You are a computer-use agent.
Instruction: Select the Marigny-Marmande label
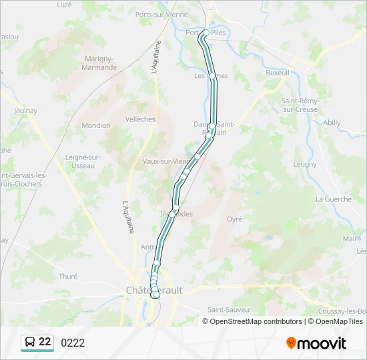coord(100,63)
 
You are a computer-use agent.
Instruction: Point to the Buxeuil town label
coord(278,73)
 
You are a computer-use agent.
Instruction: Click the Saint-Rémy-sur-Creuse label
coord(300,105)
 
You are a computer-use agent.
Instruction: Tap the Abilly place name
coord(332,123)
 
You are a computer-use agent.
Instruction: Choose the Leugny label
coord(305,164)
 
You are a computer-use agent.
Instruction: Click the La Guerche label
coord(333,199)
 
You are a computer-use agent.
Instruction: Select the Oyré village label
coord(234,219)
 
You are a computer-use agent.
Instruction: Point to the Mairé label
coord(352,238)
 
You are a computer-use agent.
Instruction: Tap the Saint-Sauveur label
coord(229,309)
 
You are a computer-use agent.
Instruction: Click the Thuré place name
coord(68,276)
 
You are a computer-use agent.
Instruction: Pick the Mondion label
coord(96,125)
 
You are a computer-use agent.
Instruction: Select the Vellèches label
coord(140,119)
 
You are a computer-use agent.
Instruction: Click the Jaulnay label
coord(25,111)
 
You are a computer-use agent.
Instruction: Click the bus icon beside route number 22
coord(30,343)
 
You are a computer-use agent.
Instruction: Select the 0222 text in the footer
coord(73,343)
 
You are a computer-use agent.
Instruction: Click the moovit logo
coord(316,343)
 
